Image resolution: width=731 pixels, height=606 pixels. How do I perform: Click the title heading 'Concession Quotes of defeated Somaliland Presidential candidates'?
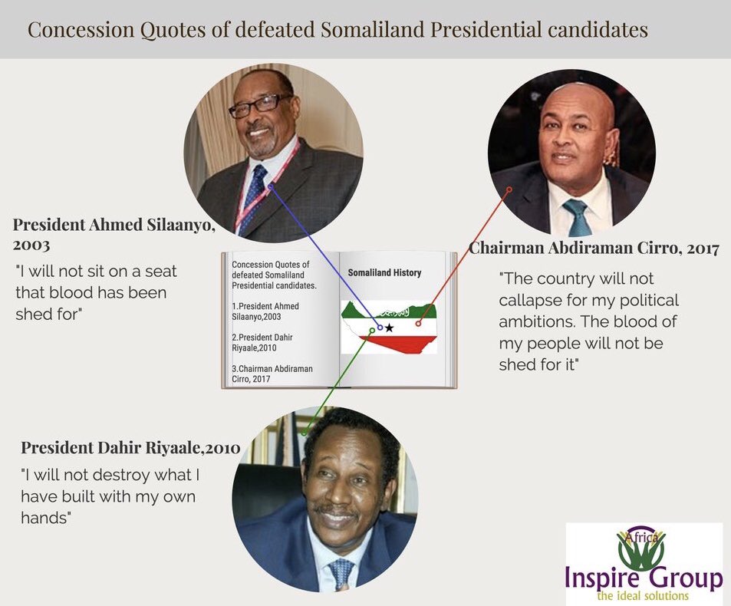click(x=338, y=30)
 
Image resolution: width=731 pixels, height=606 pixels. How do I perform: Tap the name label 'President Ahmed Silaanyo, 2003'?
click(x=114, y=233)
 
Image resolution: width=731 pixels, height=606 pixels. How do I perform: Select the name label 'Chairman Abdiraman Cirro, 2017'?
click(x=594, y=248)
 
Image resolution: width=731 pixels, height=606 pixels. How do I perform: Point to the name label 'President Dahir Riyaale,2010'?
click(x=130, y=447)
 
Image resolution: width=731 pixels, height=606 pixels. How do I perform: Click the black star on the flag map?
click(x=389, y=328)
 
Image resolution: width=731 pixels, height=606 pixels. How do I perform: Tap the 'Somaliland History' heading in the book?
click(x=384, y=273)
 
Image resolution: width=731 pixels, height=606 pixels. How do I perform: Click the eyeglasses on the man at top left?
click(x=260, y=105)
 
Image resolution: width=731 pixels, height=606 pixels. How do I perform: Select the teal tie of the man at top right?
click(x=577, y=217)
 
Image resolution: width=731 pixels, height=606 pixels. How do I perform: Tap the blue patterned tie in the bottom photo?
click(x=341, y=574)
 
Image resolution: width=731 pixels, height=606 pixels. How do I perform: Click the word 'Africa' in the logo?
click(x=644, y=538)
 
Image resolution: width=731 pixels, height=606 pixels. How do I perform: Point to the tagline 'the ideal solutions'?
click(x=643, y=596)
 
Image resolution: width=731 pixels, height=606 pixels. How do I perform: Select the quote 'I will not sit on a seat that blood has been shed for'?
click(x=97, y=293)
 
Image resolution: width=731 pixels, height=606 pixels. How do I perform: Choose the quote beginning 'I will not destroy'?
click(x=110, y=496)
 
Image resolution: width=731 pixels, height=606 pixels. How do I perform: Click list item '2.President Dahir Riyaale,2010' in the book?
click(x=262, y=343)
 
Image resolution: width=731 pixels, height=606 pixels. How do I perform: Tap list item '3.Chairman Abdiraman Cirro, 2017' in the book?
click(x=272, y=374)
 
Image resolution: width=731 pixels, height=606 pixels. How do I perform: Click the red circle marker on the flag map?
click(x=418, y=323)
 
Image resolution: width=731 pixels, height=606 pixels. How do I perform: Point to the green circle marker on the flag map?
click(x=371, y=331)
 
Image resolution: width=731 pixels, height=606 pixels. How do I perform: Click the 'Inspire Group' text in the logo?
click(x=644, y=576)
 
